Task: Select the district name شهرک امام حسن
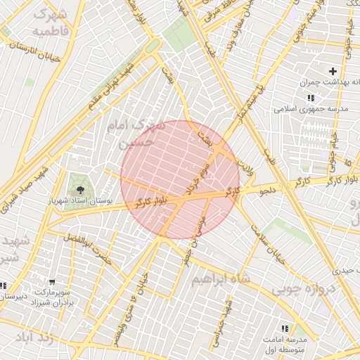pyautogui.click(x=135, y=132)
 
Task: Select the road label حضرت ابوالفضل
pyautogui.click(x=86, y=249)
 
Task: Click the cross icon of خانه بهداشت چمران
pyautogui.click(x=333, y=71)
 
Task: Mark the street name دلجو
pyautogui.click(x=269, y=190)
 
